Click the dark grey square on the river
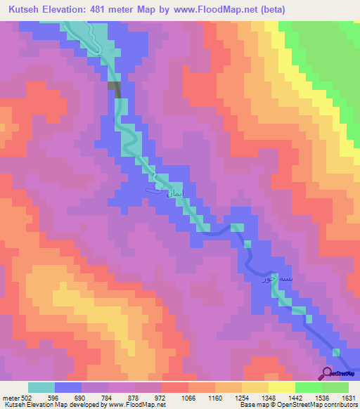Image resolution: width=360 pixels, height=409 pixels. (x=115, y=86)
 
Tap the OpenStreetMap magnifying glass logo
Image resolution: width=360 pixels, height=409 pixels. (x=328, y=372)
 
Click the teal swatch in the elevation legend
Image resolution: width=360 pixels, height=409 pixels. (x=41, y=387)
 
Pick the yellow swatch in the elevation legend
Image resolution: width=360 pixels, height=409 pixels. (x=282, y=387)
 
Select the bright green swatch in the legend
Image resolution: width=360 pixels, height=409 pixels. (x=309, y=387)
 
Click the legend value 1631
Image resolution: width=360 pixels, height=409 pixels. (x=348, y=396)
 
